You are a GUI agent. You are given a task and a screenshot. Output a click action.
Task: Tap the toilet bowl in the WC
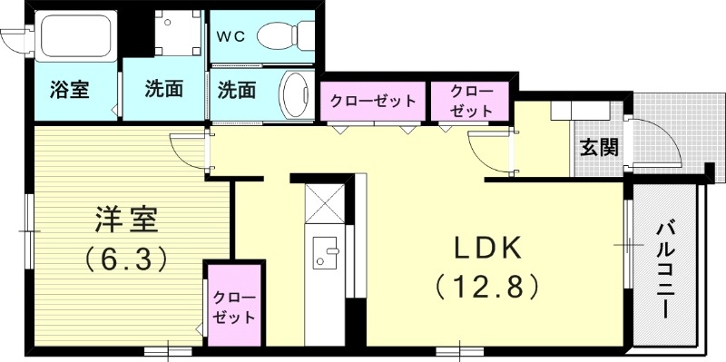282,36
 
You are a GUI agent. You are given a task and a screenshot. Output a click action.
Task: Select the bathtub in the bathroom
74,38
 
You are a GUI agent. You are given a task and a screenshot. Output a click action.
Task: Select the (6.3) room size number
127,260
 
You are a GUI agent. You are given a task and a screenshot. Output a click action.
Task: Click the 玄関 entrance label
600,146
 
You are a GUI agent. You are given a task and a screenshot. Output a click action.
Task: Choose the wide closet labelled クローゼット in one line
373,100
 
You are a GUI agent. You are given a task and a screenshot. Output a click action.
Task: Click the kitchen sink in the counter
324,252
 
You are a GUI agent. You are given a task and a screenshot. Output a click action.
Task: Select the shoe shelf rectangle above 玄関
582,110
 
